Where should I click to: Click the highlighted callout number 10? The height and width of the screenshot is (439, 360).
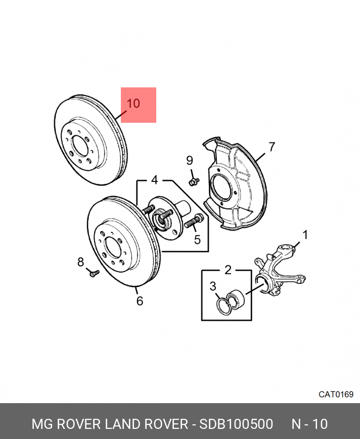(133, 104)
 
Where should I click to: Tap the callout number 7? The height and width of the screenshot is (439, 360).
(272, 147)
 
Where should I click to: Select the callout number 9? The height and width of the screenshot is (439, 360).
(190, 161)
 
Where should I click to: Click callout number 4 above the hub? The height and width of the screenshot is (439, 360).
(154, 180)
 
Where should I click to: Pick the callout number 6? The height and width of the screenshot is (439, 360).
(140, 301)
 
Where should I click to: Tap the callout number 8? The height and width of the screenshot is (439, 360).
(80, 262)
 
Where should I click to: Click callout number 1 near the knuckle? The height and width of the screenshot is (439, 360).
(305, 234)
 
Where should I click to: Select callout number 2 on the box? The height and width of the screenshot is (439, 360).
(228, 270)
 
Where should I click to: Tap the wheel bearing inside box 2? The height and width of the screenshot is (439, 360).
(236, 298)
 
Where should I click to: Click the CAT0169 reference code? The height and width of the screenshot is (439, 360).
(336, 395)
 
